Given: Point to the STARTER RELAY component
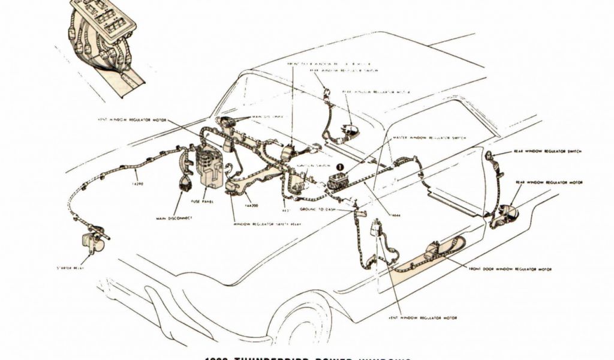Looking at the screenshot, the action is [92, 242].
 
